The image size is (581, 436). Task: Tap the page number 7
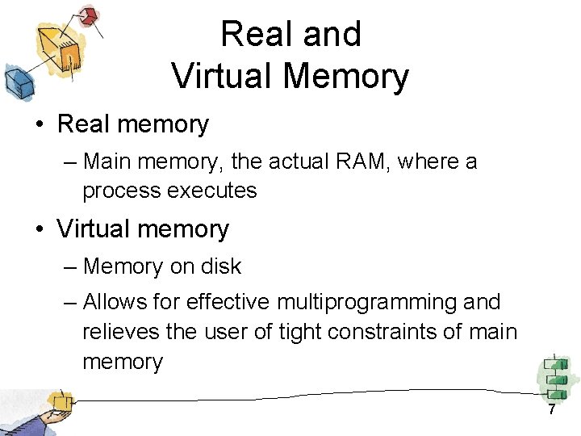552,410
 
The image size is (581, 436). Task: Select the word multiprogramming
367,302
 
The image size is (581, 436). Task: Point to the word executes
219,191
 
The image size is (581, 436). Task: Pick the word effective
228,302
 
